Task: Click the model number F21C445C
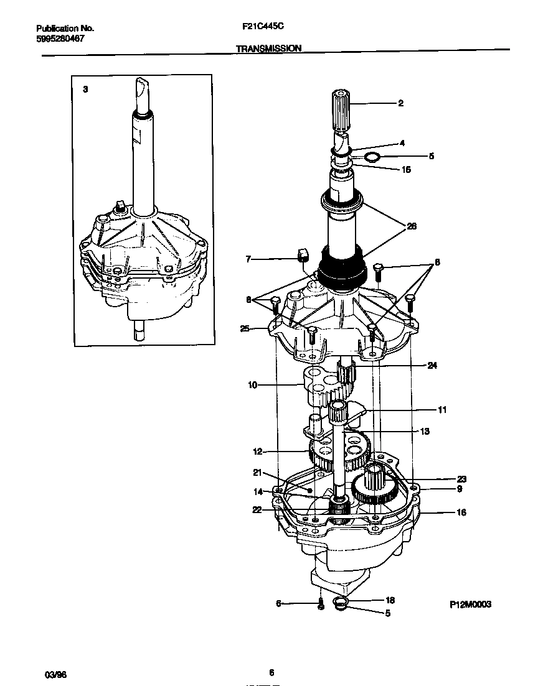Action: pyautogui.click(x=259, y=28)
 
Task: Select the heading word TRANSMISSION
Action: pyautogui.click(x=269, y=48)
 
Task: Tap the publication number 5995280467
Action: pyautogui.click(x=60, y=39)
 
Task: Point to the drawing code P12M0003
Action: pyautogui.click(x=470, y=603)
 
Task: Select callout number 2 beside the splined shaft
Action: pyautogui.click(x=400, y=103)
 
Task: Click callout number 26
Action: pyautogui.click(x=411, y=226)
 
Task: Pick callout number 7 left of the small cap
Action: pyautogui.click(x=248, y=259)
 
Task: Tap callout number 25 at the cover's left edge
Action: pyautogui.click(x=244, y=328)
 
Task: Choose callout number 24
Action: pyautogui.click(x=432, y=366)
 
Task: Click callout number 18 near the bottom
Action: pyautogui.click(x=390, y=601)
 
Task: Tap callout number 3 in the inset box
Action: pyautogui.click(x=85, y=90)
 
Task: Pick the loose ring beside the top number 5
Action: pyautogui.click(x=371, y=156)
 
